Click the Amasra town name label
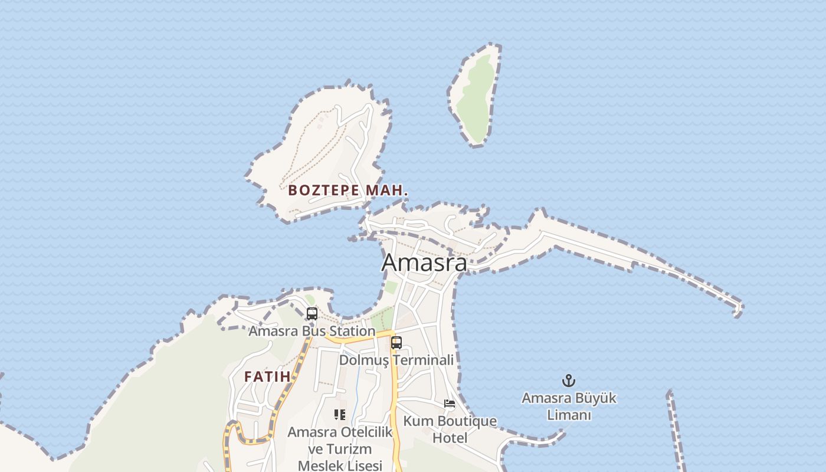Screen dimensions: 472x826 click(424, 263)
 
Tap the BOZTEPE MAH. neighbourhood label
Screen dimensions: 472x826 click(348, 191)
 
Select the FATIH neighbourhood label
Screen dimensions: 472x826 click(267, 376)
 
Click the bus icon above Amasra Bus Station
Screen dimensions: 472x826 click(312, 314)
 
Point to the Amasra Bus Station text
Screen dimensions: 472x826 click(312, 331)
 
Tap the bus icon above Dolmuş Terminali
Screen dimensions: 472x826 click(396, 343)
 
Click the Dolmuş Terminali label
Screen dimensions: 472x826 click(396, 360)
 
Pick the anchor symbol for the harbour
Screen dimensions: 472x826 click(569, 381)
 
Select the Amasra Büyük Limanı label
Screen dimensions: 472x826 click(569, 406)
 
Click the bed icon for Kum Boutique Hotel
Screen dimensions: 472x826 click(450, 404)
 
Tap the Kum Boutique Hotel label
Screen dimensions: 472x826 click(450, 430)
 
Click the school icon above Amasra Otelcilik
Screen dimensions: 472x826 click(339, 415)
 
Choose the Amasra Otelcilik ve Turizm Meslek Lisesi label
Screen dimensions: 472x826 click(340, 448)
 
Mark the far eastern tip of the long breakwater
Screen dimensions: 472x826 click(739, 307)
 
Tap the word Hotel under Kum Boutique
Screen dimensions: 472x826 click(450, 438)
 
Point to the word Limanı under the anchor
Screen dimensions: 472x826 click(569, 415)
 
